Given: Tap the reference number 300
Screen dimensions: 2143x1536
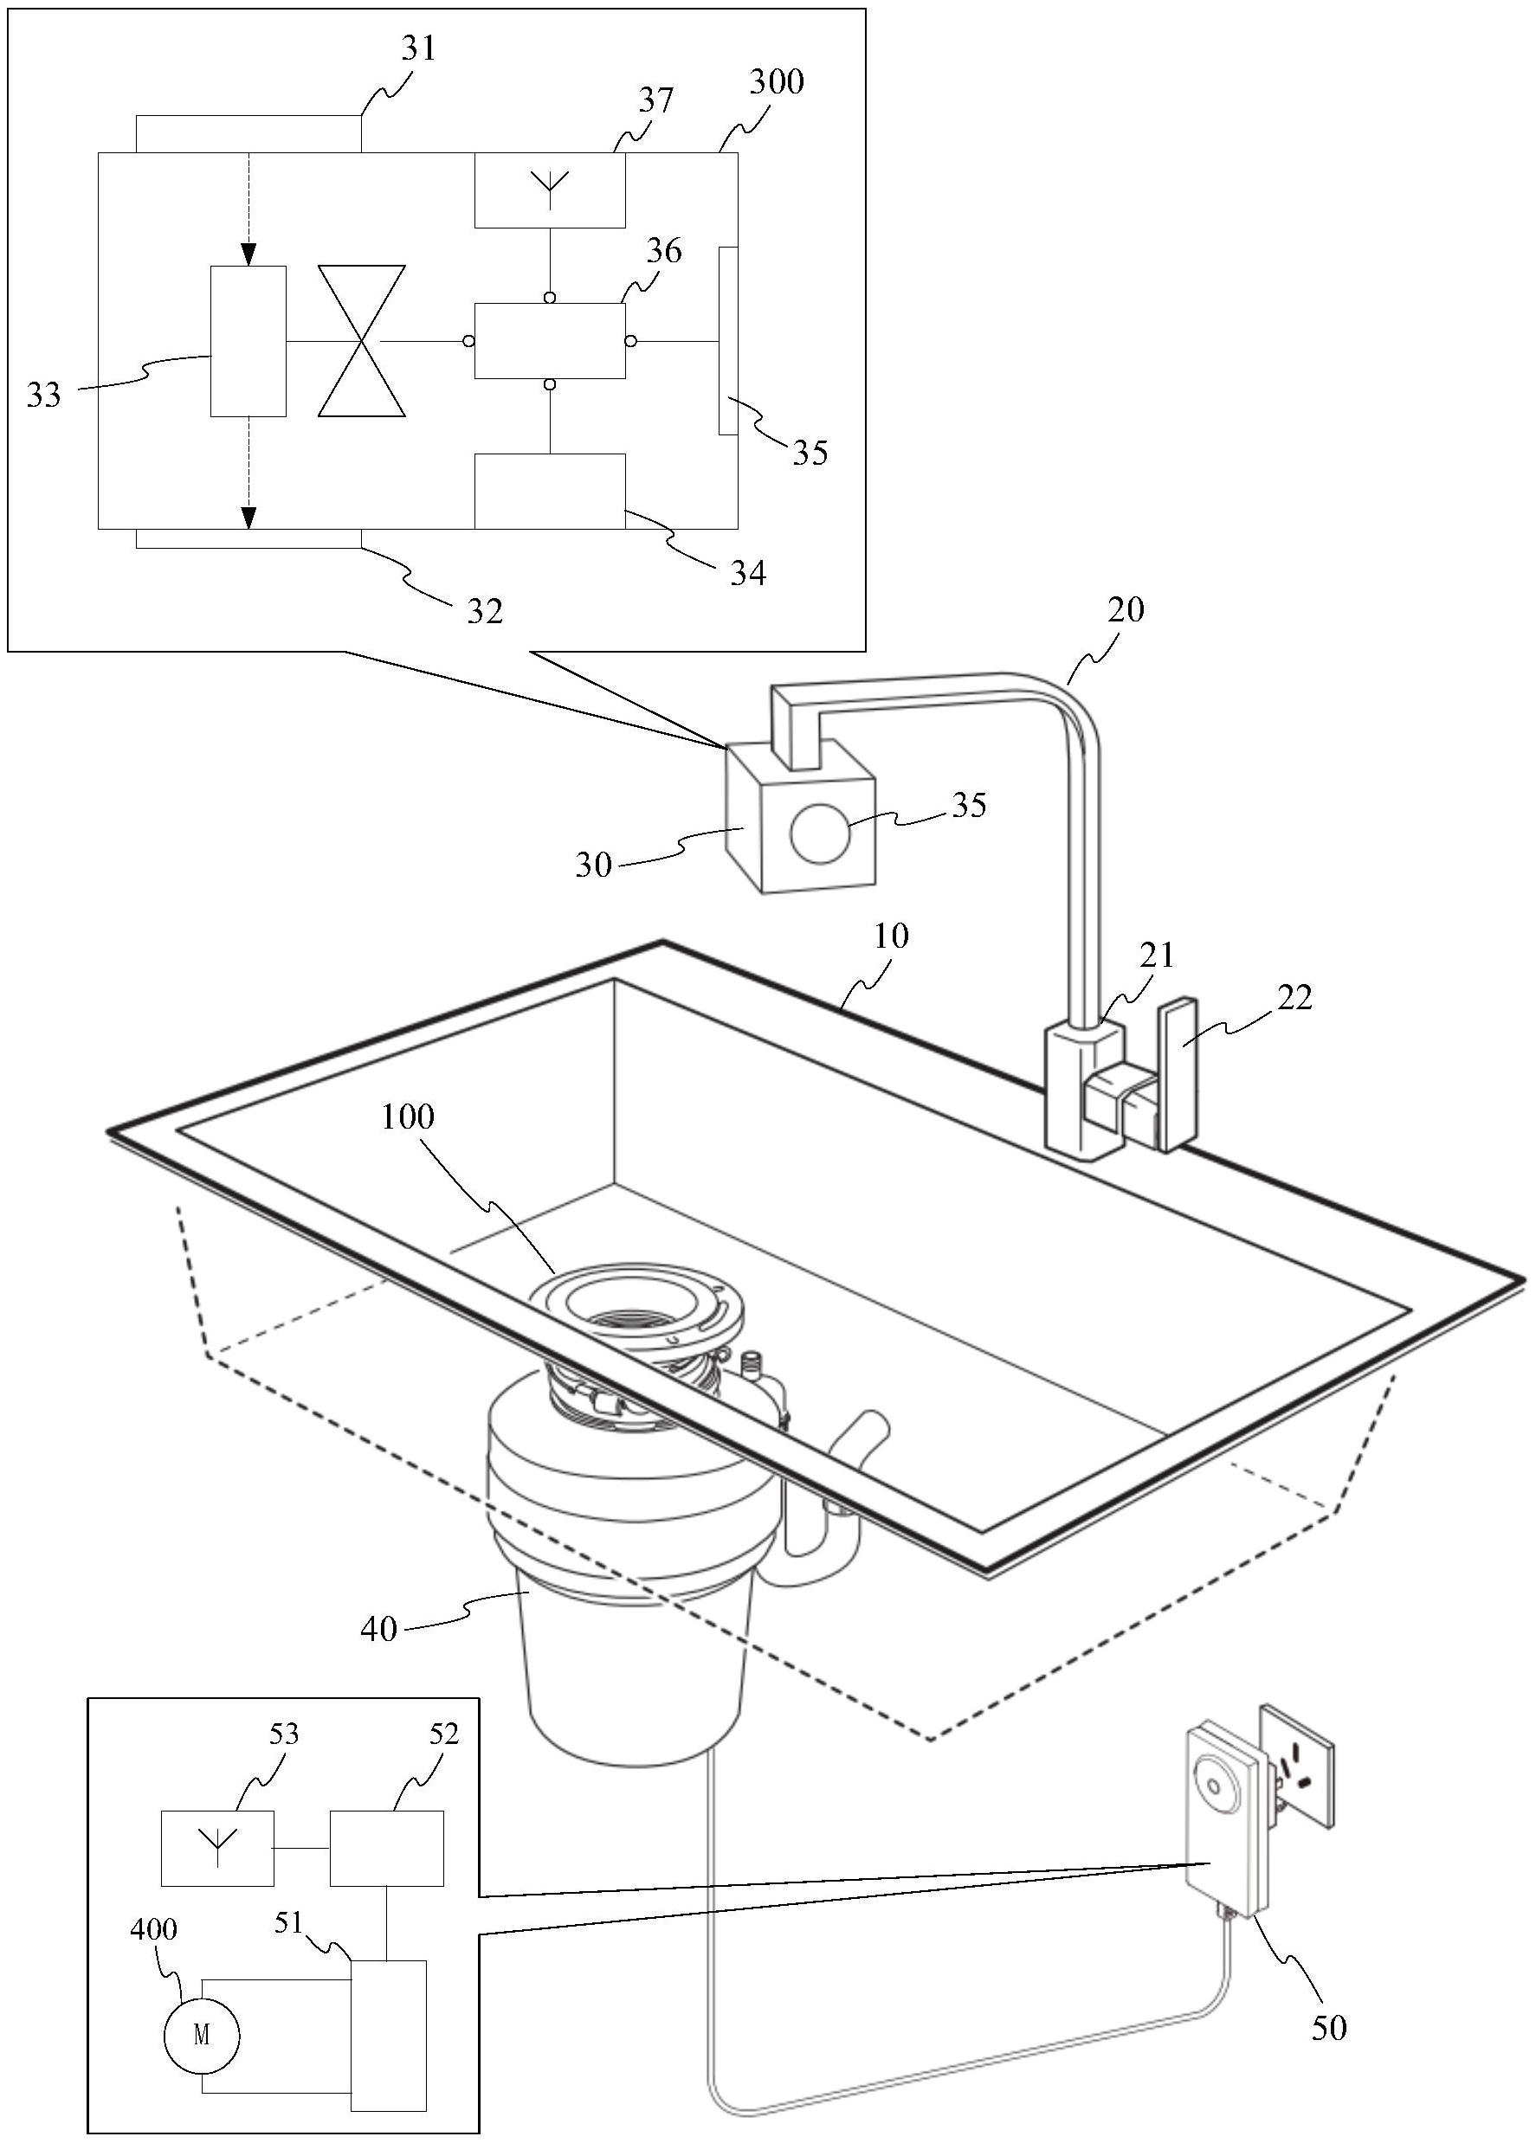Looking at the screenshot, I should [x=776, y=82].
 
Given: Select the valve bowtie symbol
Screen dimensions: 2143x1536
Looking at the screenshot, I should [x=361, y=340].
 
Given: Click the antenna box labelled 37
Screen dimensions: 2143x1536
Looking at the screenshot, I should [x=549, y=189].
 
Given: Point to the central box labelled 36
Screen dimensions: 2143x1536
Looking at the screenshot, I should [x=549, y=340].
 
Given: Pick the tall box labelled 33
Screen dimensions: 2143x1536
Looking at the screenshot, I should [x=248, y=340].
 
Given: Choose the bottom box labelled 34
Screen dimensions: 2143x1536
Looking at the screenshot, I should [x=549, y=491].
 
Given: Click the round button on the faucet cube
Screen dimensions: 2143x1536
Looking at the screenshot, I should [x=819, y=833].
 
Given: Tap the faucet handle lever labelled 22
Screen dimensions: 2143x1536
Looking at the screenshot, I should [x=1178, y=1074].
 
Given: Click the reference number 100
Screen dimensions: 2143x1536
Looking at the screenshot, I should [x=408, y=1117].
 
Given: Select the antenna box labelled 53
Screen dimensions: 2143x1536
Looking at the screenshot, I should [x=217, y=1847].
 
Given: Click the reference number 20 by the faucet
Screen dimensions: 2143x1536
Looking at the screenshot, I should [x=1125, y=609].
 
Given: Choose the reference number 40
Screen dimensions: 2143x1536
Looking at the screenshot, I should [x=378, y=1628].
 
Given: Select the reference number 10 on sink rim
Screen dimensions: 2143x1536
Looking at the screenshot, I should [x=891, y=936].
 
